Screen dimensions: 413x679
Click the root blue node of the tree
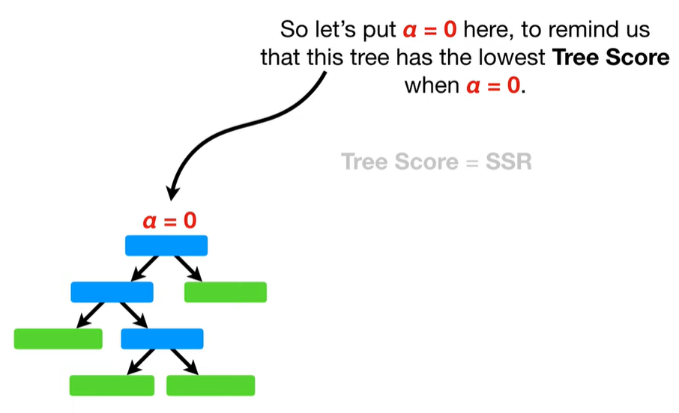166,245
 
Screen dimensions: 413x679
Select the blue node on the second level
112,292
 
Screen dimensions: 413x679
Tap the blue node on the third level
162,339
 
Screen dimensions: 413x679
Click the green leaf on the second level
225,292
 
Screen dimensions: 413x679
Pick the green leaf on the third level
58,339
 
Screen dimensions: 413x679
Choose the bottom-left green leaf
112,385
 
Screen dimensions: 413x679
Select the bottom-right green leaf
211,385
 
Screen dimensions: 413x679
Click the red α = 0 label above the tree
169,221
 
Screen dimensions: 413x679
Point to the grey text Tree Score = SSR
436,162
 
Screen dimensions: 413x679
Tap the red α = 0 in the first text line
430,31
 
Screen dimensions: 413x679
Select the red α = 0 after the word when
493,85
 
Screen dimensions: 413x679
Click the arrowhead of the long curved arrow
172,193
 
